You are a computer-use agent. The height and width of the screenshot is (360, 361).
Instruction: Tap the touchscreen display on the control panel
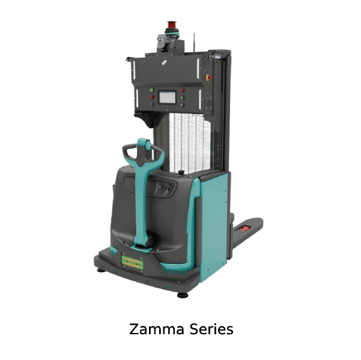(x=167, y=97)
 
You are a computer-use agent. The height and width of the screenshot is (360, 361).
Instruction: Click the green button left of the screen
(x=151, y=90)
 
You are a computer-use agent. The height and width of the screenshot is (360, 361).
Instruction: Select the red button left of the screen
(x=151, y=97)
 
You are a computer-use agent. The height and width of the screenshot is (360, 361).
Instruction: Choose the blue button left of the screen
(x=151, y=104)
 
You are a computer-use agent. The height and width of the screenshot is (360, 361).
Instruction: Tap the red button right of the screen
(x=183, y=90)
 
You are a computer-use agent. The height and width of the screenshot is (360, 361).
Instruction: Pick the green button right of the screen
(x=182, y=98)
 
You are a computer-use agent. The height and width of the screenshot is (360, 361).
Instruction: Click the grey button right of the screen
(x=182, y=105)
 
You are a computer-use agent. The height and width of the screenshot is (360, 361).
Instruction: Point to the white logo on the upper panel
(x=165, y=62)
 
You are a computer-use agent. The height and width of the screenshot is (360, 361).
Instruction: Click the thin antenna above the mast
(x=194, y=44)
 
